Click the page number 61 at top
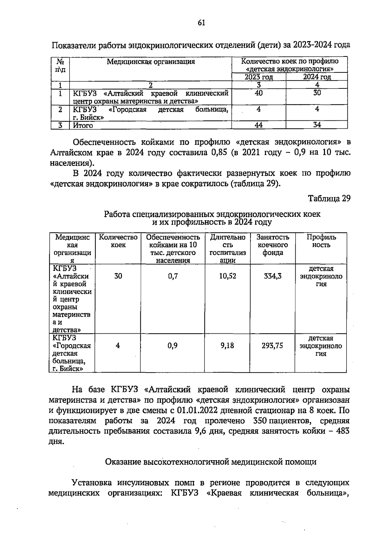click(x=201, y=23)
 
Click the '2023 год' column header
click(x=259, y=77)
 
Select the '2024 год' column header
click(x=317, y=77)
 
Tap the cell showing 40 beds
click(x=258, y=93)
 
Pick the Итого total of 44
click(x=258, y=125)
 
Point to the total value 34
click(x=317, y=125)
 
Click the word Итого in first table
click(x=83, y=125)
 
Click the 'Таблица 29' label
click(x=329, y=198)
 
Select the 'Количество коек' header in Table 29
click(x=118, y=241)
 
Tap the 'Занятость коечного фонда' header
click(x=273, y=245)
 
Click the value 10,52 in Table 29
click(x=228, y=276)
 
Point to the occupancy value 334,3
click(x=273, y=276)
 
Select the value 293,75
click(x=272, y=346)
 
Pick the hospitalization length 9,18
click(x=227, y=346)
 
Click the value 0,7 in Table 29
click(x=173, y=276)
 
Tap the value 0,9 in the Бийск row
click(x=172, y=346)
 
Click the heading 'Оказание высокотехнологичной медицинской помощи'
click(x=210, y=462)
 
